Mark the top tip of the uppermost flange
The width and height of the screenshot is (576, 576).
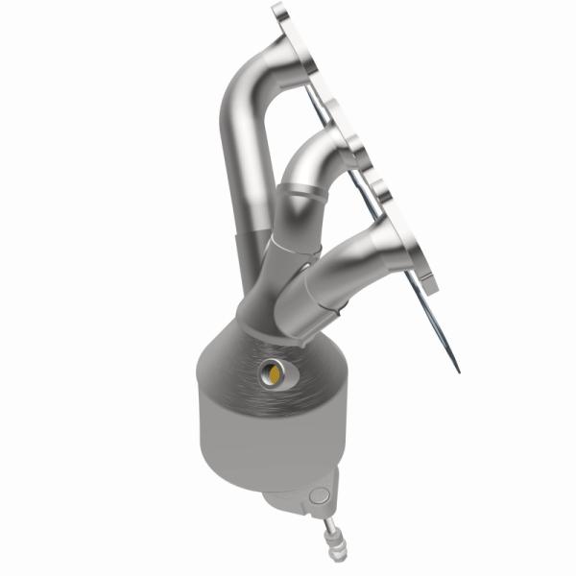click(x=279, y=10)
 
